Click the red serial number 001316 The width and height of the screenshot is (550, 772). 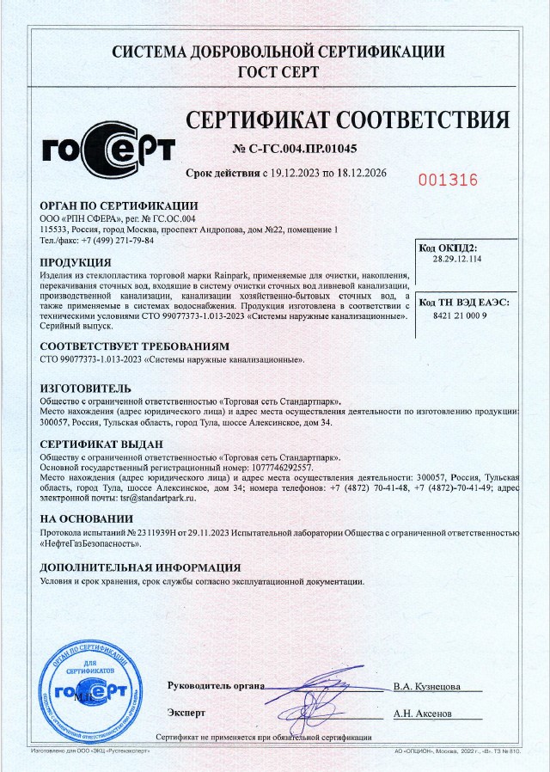(447, 181)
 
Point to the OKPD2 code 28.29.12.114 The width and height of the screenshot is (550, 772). (457, 259)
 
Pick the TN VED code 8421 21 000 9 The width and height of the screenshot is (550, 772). (457, 316)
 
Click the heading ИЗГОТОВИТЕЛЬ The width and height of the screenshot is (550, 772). (86, 389)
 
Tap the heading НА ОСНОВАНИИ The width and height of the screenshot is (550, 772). (87, 519)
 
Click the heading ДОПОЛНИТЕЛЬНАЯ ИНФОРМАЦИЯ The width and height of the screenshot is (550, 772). (140, 567)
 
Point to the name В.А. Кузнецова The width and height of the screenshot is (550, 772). (426, 687)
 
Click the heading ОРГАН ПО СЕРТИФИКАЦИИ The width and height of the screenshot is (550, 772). (119, 205)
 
